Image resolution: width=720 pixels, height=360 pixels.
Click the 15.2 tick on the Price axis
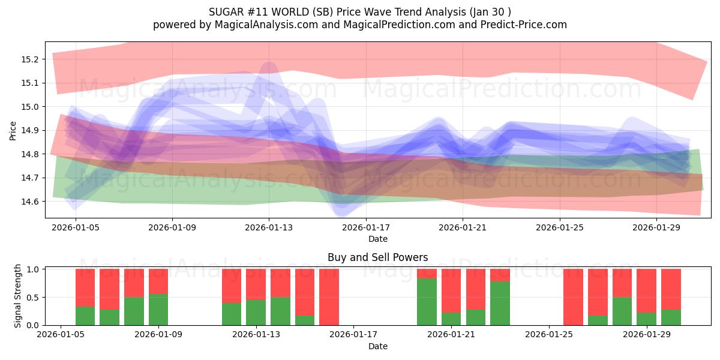31,59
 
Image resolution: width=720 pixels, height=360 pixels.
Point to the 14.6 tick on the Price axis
31,202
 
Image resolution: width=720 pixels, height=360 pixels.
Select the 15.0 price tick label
31,107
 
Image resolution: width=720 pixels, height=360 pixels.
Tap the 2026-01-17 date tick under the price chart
366,228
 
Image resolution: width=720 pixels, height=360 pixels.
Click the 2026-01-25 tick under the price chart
559,228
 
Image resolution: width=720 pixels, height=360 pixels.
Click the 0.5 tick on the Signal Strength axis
34,298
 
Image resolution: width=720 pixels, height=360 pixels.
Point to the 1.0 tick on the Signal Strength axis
34,269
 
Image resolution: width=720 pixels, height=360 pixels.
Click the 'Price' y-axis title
13,130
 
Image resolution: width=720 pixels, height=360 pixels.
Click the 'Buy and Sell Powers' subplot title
377,257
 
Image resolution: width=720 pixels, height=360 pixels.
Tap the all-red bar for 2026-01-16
329,297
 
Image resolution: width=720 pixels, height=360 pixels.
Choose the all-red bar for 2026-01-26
573,297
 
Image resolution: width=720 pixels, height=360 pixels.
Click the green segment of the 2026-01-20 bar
427,302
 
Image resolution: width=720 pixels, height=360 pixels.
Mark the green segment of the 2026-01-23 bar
500,304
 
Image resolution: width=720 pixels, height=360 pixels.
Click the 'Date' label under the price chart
377,239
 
